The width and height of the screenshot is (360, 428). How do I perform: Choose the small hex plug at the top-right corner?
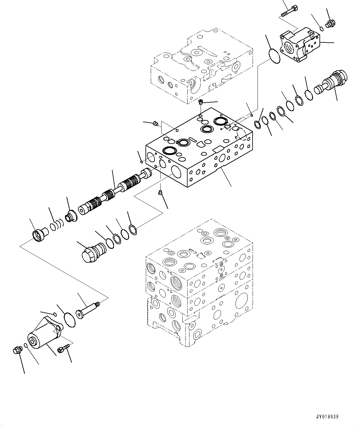pos(331,23)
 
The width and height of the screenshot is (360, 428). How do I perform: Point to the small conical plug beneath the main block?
pos(160,193)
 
